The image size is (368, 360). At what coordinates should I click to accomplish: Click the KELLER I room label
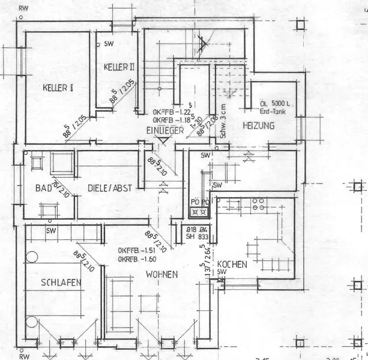tap(58, 88)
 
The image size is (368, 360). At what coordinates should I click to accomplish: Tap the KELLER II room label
tap(119, 65)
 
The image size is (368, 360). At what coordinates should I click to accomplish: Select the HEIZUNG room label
tap(259, 126)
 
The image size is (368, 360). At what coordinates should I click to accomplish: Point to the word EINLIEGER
tap(164, 131)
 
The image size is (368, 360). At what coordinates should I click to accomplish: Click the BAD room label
tap(44, 188)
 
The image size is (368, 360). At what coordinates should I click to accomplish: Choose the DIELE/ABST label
tap(110, 188)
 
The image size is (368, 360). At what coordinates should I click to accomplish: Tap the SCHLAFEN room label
tap(61, 282)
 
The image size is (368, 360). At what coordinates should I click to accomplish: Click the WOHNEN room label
tap(161, 274)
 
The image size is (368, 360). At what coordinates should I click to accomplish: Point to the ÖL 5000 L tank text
tap(276, 103)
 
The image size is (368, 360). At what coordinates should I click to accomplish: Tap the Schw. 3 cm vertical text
tap(222, 121)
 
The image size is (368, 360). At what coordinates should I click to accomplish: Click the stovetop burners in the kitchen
tap(259, 204)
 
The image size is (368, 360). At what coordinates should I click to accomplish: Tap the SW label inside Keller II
tap(109, 44)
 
